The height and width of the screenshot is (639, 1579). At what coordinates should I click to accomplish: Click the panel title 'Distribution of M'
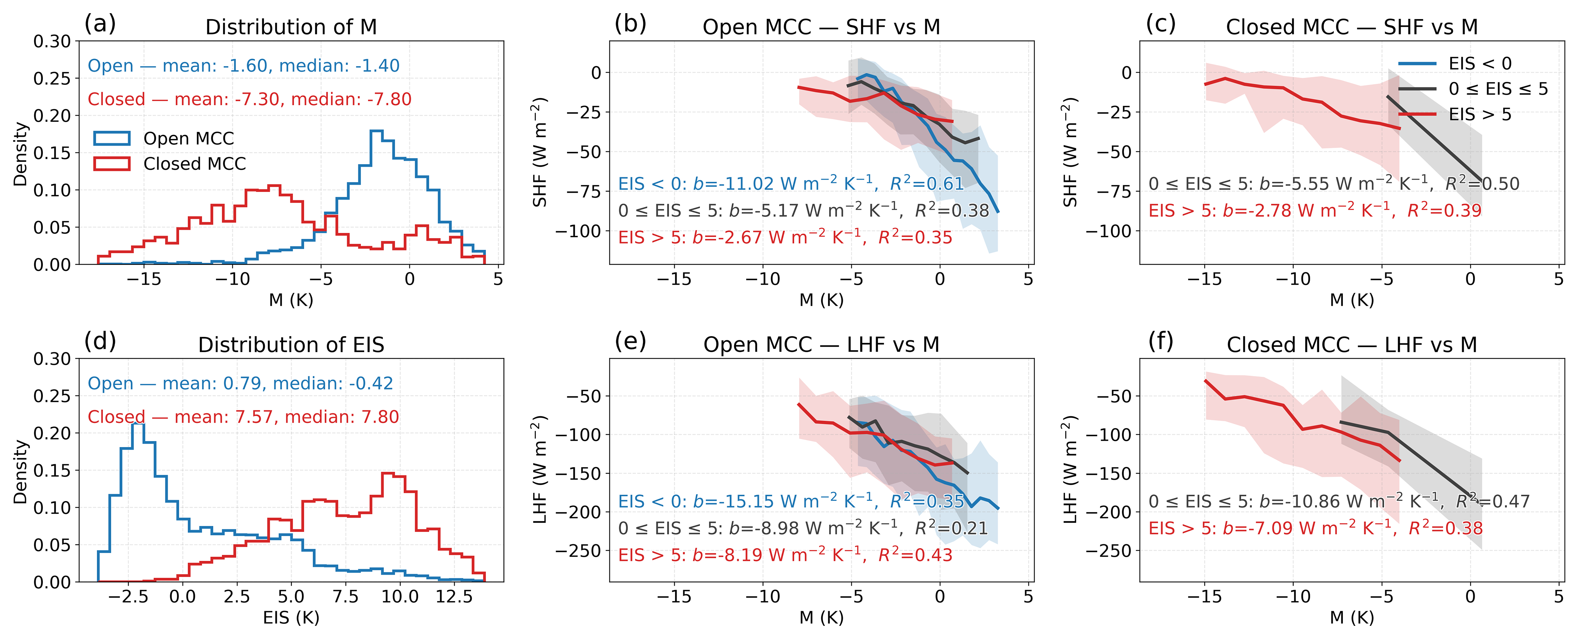coord(291,27)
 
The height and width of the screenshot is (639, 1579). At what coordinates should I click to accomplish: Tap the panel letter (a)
coord(100,24)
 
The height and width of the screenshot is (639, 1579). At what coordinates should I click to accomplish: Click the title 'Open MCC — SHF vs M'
coord(821,27)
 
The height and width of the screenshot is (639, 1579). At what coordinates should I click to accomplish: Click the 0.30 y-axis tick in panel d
coord(52,359)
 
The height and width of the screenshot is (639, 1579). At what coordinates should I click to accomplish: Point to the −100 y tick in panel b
coord(579,231)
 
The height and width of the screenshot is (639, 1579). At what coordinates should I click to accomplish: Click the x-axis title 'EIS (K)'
coord(291,618)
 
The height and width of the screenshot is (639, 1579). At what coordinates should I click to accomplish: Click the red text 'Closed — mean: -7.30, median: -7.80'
coord(249,99)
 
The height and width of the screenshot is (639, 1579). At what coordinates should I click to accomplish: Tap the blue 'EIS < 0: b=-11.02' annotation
coord(791,184)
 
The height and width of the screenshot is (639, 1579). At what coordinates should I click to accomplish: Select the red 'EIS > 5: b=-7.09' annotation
coord(1315,528)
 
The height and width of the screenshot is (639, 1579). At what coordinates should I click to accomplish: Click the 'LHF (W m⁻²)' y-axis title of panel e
coord(539,470)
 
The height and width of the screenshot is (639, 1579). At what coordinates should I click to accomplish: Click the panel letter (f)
coord(1160,341)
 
